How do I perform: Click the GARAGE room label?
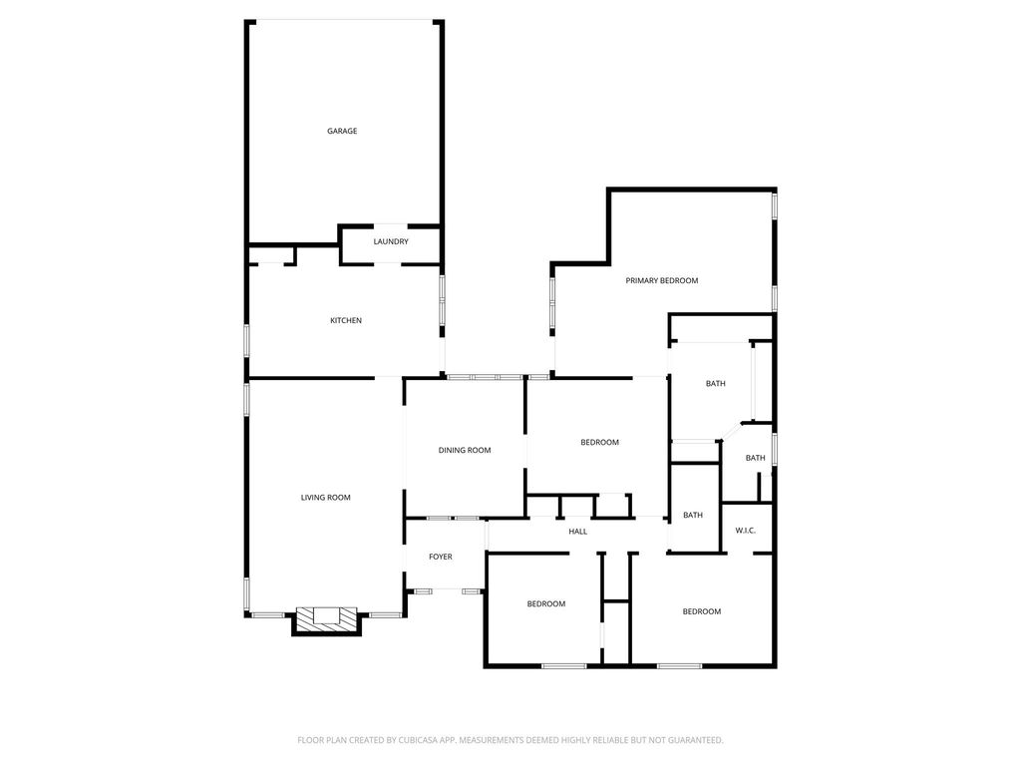[x=342, y=131]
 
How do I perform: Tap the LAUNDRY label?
[x=391, y=241]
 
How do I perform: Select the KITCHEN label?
[x=346, y=320]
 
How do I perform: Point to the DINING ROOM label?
[x=465, y=450]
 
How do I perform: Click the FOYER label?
[x=440, y=557]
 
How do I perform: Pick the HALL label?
[x=577, y=532]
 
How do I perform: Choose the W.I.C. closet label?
[x=746, y=531]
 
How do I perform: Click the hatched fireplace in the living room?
[x=327, y=619]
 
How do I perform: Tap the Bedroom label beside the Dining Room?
[x=599, y=442]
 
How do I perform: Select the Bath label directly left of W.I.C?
[x=693, y=516]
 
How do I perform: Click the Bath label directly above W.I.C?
[x=756, y=458]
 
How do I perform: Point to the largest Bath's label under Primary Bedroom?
[x=716, y=384]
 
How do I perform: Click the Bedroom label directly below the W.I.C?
[x=701, y=611]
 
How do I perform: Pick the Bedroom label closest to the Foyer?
[x=546, y=603]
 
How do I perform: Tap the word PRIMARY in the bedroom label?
[x=641, y=280]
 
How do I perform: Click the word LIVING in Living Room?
[x=311, y=498]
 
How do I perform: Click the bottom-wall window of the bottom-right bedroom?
[x=679, y=665]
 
